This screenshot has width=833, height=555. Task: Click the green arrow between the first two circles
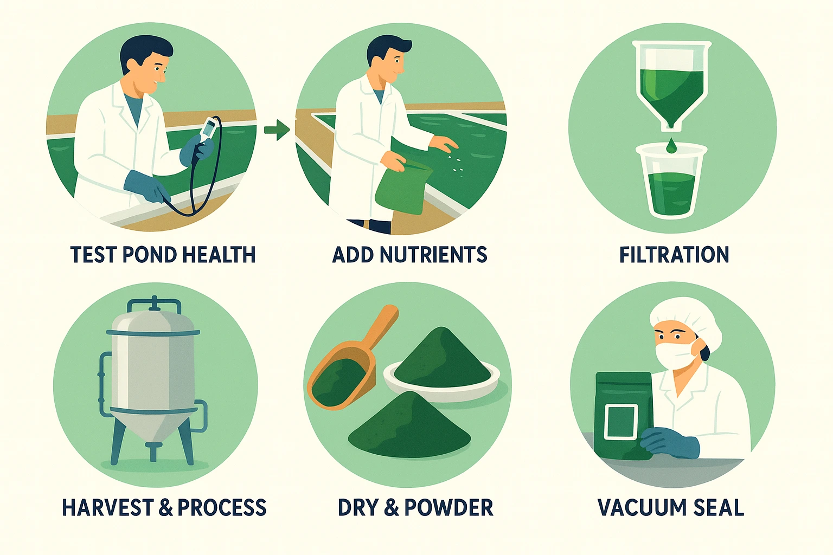277,130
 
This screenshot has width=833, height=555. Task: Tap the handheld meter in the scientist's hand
209,131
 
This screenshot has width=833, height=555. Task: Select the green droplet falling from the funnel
671,145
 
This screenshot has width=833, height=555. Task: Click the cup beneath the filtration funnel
671,182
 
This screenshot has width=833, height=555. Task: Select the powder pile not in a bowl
409,428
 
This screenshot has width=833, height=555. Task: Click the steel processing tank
152,374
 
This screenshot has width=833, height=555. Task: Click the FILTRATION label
674,255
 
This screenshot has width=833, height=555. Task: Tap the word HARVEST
108,508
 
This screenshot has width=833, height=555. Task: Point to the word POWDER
448,508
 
